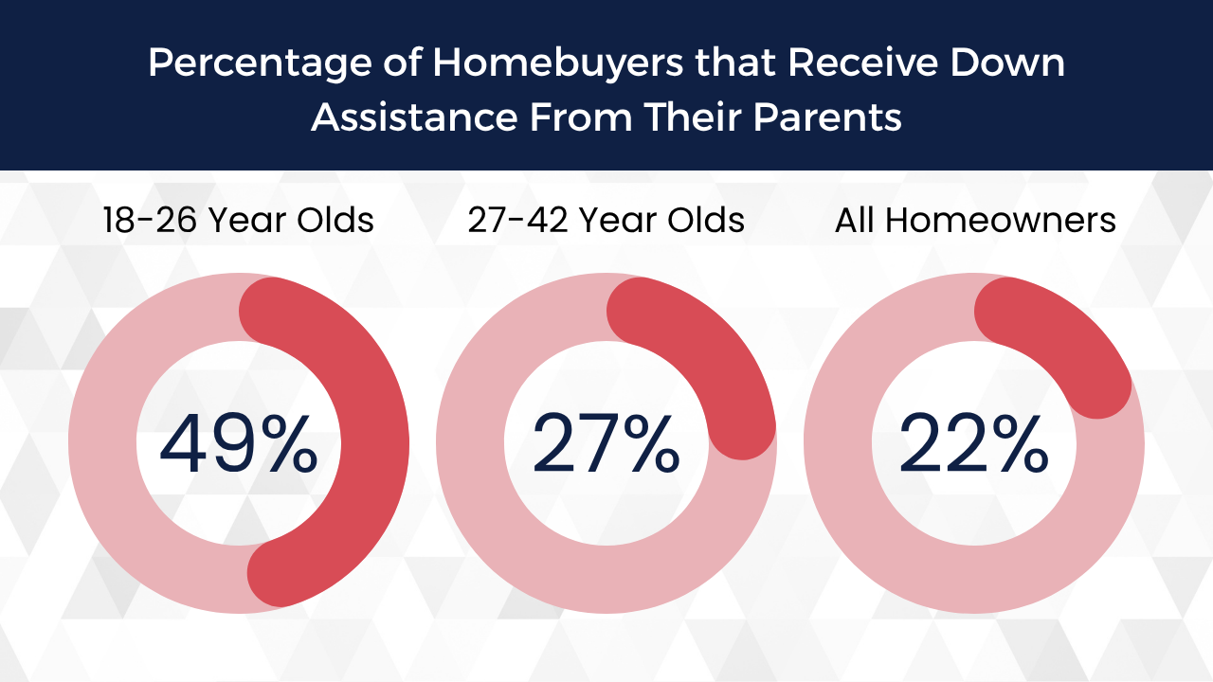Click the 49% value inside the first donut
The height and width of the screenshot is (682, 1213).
239,443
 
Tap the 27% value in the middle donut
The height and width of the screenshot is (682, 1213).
606,443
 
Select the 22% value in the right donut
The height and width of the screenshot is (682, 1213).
973,443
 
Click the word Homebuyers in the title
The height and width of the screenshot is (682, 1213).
558,63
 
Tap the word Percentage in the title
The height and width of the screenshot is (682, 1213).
260,63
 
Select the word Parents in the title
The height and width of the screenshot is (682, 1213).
827,117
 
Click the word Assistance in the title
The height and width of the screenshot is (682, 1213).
414,117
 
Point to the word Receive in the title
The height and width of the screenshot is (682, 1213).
862,63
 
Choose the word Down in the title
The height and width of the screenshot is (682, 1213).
1007,63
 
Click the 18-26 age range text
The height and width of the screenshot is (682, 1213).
150,221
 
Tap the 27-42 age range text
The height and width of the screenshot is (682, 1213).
518,221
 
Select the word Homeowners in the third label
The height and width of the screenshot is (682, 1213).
1001,221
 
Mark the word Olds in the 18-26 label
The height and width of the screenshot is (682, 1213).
335,221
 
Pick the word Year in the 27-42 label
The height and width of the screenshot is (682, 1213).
617,221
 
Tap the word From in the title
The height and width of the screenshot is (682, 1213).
581,117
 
